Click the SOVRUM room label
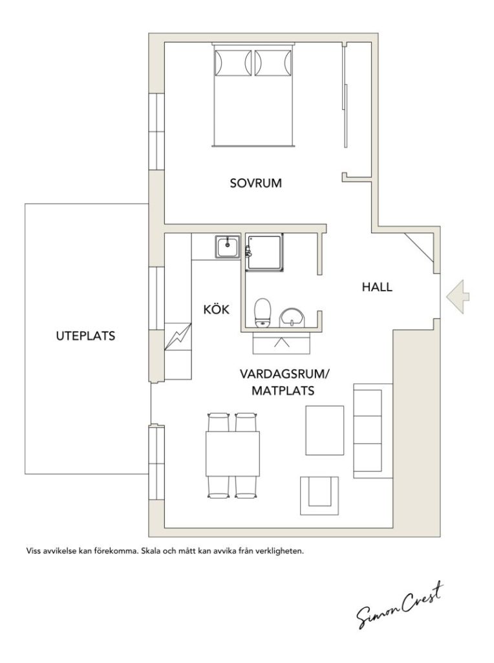tap(255, 183)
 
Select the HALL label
tap(377, 287)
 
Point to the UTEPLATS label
tap(85, 336)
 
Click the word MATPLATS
tap(283, 390)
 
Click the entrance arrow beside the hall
tap(458, 297)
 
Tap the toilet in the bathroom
tap(263, 313)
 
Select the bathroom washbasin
tap(292, 317)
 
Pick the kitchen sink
tap(228, 247)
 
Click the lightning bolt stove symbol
tap(178, 337)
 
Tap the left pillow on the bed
tap(233, 63)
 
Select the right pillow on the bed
tap(273, 63)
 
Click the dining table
tap(232, 454)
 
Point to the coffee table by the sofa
tap(325, 431)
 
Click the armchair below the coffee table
tap(319, 495)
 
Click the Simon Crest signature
tap(400, 605)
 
